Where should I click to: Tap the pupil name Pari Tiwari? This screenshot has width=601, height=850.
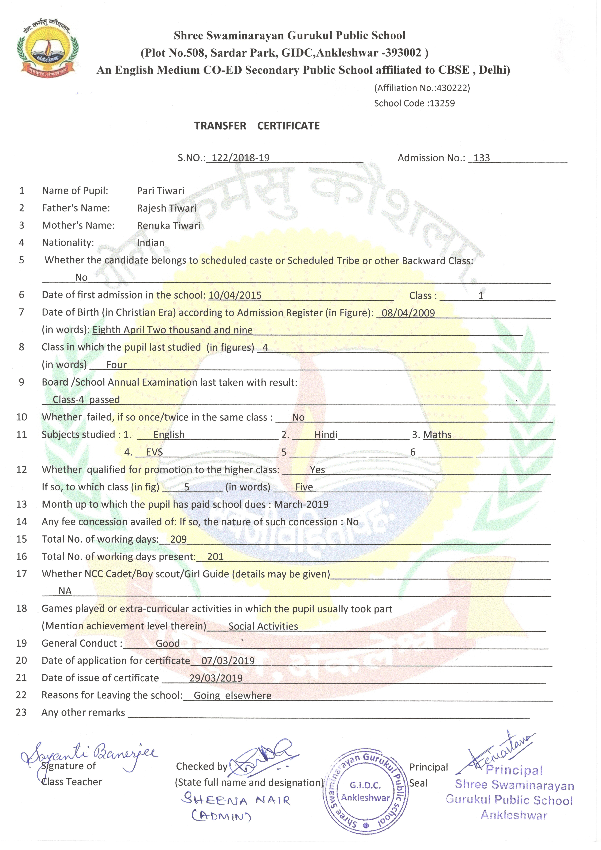coord(161,191)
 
